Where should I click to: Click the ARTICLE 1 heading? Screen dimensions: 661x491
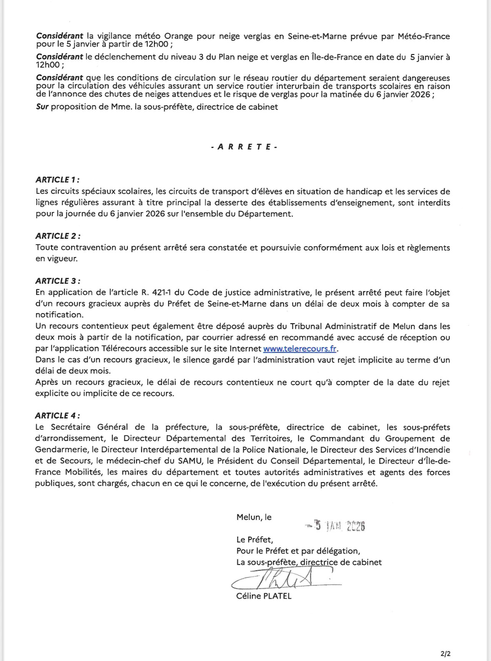[57, 180]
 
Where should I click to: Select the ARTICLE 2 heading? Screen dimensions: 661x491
[58, 236]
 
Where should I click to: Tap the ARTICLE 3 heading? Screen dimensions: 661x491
[58, 281]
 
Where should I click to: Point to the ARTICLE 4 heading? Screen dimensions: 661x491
[58, 416]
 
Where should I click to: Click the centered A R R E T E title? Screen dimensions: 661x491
[244, 147]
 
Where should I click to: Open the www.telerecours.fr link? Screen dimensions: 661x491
[300, 349]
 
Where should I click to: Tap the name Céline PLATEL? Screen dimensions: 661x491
[264, 596]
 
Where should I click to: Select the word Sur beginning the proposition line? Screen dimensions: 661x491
[42, 107]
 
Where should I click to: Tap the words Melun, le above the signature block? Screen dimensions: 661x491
[254, 517]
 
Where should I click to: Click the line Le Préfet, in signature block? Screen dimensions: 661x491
[254, 540]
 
